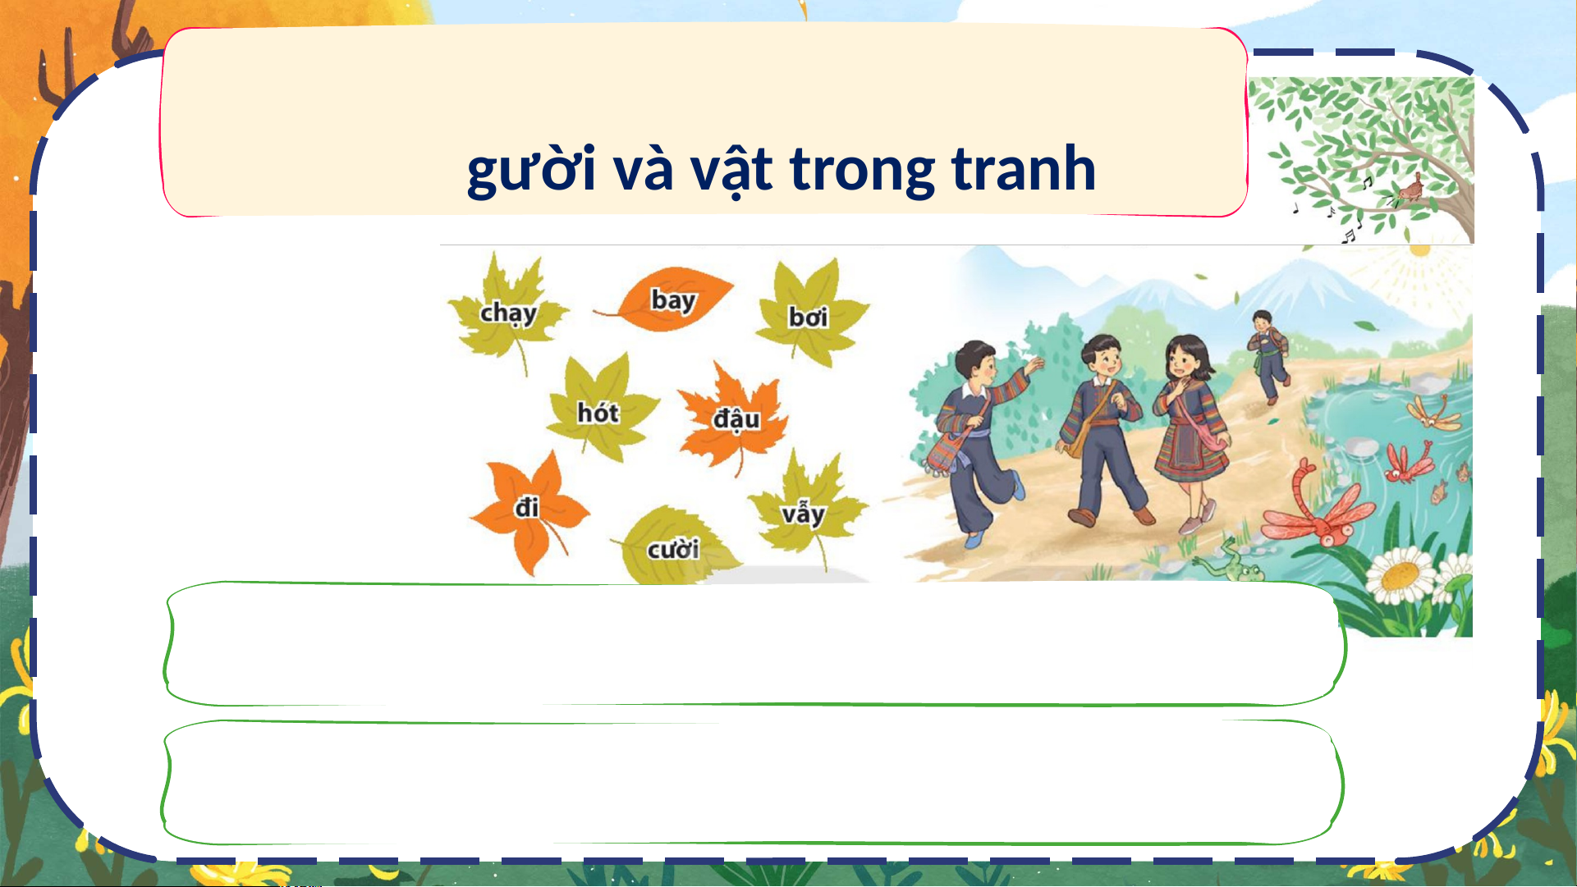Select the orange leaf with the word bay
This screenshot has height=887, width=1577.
(669, 299)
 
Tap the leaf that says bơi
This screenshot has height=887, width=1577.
(811, 313)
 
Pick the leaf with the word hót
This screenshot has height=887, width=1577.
(601, 409)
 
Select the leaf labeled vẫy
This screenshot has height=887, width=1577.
(807, 509)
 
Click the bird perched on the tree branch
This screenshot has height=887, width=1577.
(1410, 190)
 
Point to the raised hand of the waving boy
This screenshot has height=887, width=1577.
(1034, 364)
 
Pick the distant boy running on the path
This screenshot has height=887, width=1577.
(1268, 356)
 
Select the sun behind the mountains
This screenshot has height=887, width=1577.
(1419, 249)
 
